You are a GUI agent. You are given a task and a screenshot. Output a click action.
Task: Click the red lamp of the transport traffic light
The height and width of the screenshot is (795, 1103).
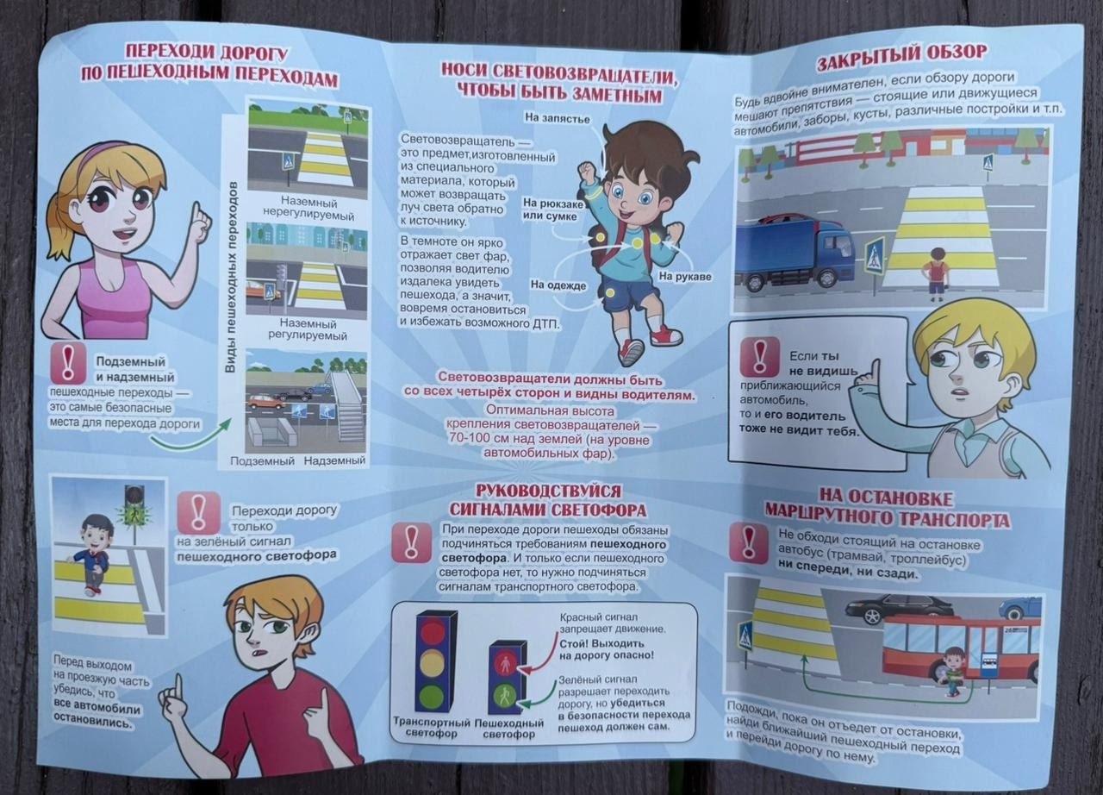432,632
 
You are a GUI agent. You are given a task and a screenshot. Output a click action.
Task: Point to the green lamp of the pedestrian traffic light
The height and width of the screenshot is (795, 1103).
504,697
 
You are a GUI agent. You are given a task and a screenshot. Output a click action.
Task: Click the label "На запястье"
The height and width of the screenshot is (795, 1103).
557,118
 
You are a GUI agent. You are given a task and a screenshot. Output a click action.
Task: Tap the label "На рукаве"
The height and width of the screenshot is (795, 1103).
685,277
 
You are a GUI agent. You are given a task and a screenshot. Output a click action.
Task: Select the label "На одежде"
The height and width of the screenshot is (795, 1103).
558,285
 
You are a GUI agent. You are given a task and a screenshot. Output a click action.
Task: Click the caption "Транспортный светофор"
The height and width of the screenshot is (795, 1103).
432,728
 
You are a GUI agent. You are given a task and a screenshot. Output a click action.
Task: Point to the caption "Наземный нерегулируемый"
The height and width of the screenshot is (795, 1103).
308,209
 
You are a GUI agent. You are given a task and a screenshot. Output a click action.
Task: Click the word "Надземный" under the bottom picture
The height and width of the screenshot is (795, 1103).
335,460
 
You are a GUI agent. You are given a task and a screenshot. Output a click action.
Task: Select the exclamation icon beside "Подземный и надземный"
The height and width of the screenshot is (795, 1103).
68,364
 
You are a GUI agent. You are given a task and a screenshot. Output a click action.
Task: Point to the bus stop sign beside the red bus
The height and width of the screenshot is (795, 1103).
988,665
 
